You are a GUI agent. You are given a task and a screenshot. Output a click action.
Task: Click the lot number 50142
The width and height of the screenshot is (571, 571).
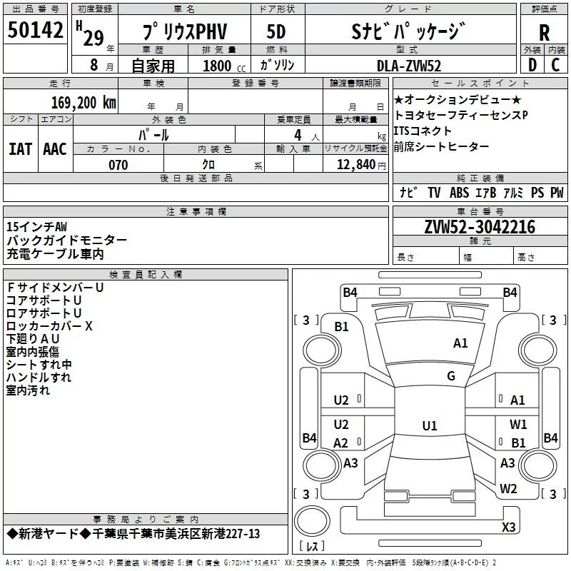pos(35,30)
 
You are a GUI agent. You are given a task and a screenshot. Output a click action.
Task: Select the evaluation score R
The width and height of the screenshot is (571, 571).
pos(544,33)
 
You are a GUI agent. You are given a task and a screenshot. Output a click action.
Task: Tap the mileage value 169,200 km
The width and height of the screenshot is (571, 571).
pos(84,102)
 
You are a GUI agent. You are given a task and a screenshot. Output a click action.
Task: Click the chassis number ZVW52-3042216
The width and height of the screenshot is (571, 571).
pos(480,227)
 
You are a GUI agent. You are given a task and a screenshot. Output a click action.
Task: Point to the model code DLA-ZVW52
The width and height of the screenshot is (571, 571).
pos(409,66)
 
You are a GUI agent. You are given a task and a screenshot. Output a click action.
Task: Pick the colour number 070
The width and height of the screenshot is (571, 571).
pos(118,165)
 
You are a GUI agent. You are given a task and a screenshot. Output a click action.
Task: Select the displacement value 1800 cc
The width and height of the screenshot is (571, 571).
pos(224,66)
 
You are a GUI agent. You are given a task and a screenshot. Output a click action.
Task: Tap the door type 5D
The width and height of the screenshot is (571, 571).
pos(276,31)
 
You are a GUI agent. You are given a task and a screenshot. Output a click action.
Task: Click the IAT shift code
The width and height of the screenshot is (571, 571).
pos(21,149)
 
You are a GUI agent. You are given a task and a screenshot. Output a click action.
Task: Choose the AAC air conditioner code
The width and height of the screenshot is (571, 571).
pos(55,149)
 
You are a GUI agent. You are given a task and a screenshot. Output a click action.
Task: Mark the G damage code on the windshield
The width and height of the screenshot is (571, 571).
pos(451,375)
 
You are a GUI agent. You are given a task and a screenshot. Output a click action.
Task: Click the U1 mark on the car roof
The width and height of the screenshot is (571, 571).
pos(430,425)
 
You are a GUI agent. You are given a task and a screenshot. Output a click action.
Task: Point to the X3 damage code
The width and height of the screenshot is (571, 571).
pos(508,527)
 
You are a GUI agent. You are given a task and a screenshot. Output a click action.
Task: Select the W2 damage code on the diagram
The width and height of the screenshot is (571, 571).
pos(508,488)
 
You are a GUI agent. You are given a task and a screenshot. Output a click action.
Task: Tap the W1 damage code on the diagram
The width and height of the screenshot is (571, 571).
pos(518,424)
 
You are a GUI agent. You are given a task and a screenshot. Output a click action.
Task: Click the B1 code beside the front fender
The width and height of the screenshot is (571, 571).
pos(342,327)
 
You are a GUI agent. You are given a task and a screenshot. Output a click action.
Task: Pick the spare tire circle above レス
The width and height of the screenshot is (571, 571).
pos(312,521)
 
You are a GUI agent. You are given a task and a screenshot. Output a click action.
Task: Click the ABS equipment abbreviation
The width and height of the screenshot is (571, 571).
pos(459,192)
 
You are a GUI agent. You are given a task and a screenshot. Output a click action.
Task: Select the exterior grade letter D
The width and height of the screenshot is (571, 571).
pos(532,65)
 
